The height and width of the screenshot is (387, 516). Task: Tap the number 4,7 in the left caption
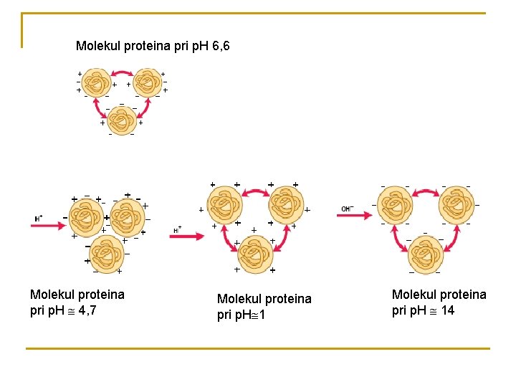pyautogui.click(x=87, y=310)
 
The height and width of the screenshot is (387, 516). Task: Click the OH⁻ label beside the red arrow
pyautogui.click(x=348, y=209)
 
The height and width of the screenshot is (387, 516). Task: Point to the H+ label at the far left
pyautogui.click(x=39, y=218)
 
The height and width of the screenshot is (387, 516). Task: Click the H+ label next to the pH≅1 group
pyautogui.click(x=178, y=230)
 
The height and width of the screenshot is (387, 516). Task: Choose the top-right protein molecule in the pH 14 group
pyautogui.click(x=457, y=206)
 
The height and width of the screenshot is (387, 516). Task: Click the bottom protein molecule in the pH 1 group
pyautogui.click(x=254, y=253)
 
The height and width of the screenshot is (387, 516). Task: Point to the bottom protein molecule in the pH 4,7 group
pyautogui.click(x=103, y=254)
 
